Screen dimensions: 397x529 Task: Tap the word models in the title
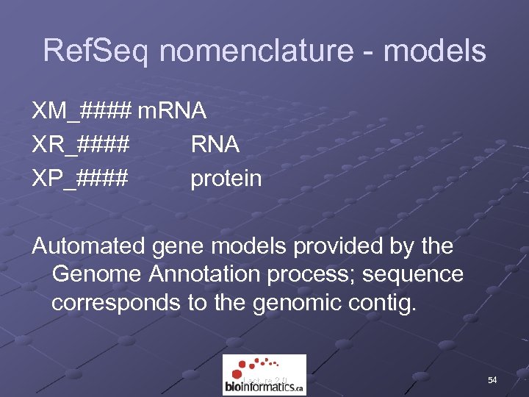pyautogui.click(x=435, y=51)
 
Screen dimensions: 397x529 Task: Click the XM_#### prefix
pyautogui.click(x=82, y=112)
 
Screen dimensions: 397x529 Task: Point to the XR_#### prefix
pyautogui.click(x=81, y=145)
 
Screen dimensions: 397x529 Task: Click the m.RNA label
pyautogui.click(x=172, y=112)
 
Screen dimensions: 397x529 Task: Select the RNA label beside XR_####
pyautogui.click(x=215, y=145)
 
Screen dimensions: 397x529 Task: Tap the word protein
pyautogui.click(x=226, y=178)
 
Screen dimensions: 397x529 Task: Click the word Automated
pyautogui.click(x=87, y=246)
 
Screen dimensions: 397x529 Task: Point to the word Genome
pyautogui.click(x=98, y=274)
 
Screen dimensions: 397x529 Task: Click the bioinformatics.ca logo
pyautogui.click(x=264, y=375)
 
